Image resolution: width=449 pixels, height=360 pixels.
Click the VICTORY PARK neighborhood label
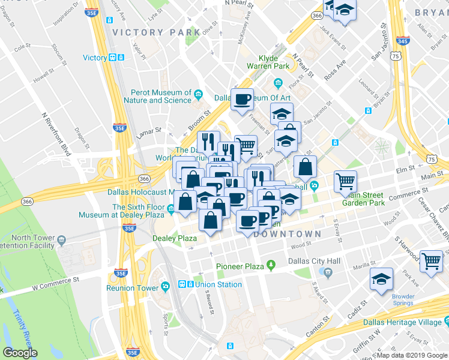(156, 32)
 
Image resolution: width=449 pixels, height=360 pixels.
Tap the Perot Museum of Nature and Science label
(161, 96)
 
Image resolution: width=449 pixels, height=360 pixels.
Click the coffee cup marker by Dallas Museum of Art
(242, 100)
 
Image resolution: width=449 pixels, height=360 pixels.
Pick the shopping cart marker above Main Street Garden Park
(345, 182)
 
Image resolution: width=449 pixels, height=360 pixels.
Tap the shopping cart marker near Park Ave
(432, 262)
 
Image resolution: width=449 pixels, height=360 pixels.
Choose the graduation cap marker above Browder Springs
(382, 280)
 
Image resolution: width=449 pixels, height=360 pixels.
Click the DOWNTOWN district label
(287, 233)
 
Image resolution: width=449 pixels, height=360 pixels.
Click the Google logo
(20, 353)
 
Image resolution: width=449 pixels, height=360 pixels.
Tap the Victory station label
(95, 58)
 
